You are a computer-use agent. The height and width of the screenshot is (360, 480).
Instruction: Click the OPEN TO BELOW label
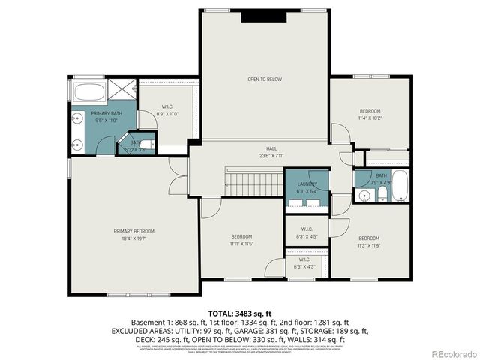(x=265, y=79)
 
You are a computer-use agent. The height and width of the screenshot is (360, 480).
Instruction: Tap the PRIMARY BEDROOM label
(x=134, y=231)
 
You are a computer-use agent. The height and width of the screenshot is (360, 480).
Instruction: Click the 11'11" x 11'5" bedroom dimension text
(x=241, y=244)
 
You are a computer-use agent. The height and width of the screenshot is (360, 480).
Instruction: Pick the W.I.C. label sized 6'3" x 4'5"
(x=307, y=237)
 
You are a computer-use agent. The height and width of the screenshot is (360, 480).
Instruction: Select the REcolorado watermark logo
(x=452, y=353)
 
